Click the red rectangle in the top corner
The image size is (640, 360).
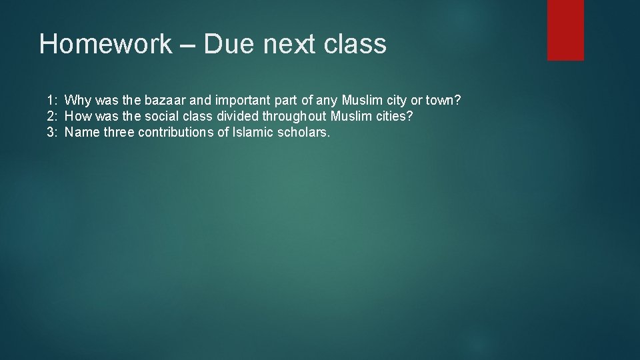tap(565, 30)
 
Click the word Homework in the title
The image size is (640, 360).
tap(105, 45)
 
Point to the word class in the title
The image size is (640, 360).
tap(357, 45)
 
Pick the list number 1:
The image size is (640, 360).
tap(52, 101)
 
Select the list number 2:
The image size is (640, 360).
tap(52, 117)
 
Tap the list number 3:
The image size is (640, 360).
tap(52, 132)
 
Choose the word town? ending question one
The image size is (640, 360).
tap(443, 101)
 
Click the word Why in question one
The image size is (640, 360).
tap(79, 101)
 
